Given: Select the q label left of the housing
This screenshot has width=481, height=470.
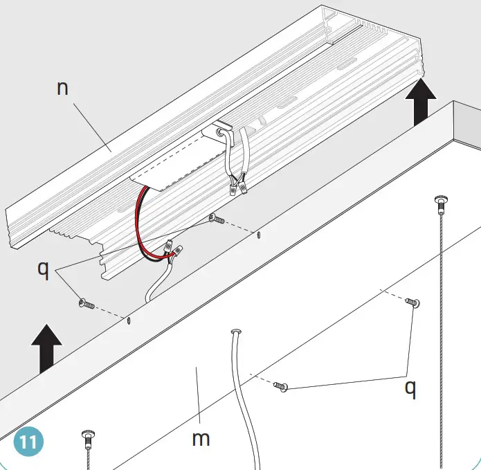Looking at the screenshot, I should click(x=43, y=269).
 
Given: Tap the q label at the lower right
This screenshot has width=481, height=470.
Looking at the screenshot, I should click(x=410, y=389).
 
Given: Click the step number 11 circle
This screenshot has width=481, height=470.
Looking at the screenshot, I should click(x=28, y=440).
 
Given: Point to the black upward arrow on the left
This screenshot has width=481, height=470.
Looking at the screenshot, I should click(x=46, y=347).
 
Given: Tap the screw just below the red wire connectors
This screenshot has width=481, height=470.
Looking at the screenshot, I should click(x=215, y=220).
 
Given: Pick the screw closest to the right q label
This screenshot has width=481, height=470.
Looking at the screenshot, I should click(x=414, y=302).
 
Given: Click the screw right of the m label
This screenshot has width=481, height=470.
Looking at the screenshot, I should click(x=280, y=386).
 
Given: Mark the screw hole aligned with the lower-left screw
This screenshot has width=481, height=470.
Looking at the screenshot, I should click(x=129, y=320).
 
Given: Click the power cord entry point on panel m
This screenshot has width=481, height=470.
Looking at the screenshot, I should click(x=235, y=333).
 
